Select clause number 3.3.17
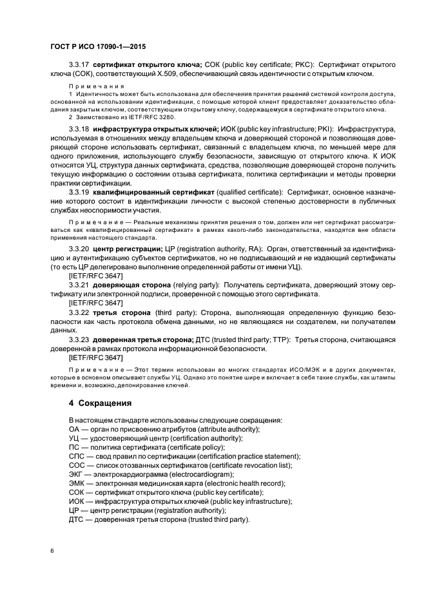pos(79,65)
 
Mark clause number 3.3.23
pos(79,339)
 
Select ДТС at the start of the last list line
pos(78,519)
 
